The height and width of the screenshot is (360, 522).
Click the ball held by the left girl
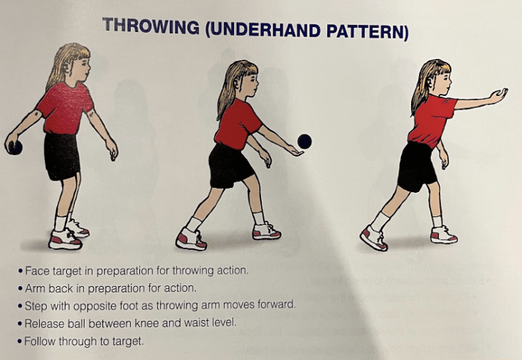tap(14, 147)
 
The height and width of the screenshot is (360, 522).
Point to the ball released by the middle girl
tap(304, 141)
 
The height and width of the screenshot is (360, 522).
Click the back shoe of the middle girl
tap(191, 238)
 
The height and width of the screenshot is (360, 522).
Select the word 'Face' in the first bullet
tap(36, 271)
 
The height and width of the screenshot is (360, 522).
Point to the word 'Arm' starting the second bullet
tap(34, 288)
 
